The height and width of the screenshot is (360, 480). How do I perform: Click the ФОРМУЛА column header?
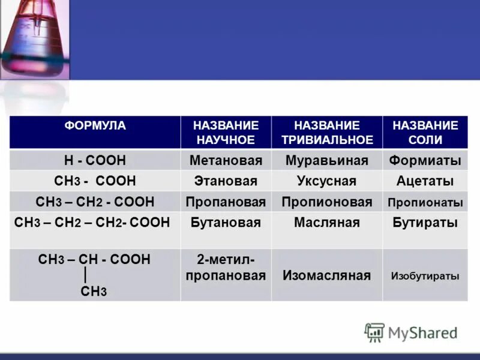pos(95,126)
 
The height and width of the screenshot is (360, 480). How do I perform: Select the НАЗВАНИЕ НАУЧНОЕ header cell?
pos(226,133)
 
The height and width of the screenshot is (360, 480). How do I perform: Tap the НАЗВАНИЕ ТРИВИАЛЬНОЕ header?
pos(326,133)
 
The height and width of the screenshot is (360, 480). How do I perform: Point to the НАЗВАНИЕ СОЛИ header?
pos(425,133)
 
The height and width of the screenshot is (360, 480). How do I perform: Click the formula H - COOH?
pos(95,161)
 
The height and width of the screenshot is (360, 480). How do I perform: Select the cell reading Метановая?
pos(226,161)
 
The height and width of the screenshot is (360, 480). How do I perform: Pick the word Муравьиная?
pos(326,161)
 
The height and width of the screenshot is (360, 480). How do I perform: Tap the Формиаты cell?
pos(425,161)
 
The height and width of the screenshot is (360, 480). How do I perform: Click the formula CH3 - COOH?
pos(95,181)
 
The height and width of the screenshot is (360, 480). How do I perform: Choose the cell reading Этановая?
pos(226,181)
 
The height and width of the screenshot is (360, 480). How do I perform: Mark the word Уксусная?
pos(326,181)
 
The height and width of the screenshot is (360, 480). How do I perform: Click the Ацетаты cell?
pos(425,181)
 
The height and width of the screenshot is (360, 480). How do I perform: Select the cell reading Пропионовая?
pos(326,202)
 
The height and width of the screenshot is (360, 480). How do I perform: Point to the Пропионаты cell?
pos(425,202)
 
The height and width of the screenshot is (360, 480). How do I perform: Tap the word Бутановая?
pos(226,223)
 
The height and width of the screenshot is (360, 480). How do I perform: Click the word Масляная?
pos(326,223)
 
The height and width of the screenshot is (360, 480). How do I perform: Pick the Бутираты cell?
pos(425,223)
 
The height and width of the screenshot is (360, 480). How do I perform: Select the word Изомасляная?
pos(326,276)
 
